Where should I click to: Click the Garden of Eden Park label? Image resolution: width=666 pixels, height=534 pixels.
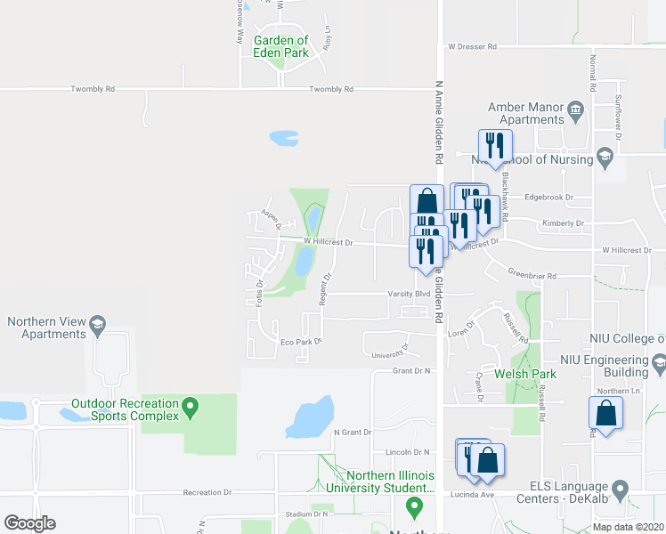click(281, 46)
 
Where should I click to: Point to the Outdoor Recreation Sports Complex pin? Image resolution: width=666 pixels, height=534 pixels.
click(189, 409)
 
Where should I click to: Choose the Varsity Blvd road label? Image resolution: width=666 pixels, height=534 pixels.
click(409, 293)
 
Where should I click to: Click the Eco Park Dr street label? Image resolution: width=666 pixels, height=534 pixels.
click(299, 341)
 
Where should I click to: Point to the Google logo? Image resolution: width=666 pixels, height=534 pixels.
click(29, 523)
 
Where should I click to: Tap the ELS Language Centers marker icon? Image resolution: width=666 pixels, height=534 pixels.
click(621, 488)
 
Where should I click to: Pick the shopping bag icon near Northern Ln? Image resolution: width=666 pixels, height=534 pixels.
click(605, 413)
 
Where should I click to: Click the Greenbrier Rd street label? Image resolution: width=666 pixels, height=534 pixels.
click(532, 276)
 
